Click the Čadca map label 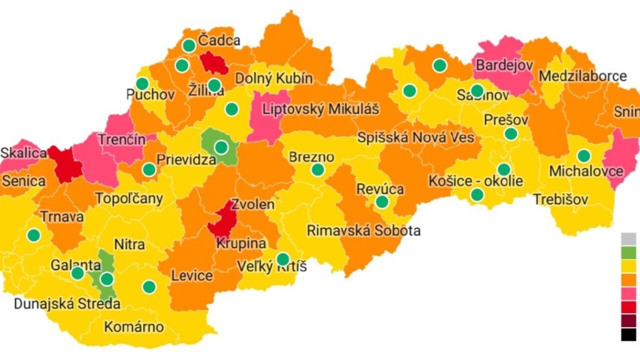point(219,41)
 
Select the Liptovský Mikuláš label point(321,109)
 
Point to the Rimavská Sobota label point(363,230)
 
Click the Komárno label point(133,327)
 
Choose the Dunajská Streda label point(66,303)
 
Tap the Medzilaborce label point(582,76)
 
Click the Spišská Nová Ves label point(415,137)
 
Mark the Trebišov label point(560,199)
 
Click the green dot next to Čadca point(189,45)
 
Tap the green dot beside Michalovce point(583,156)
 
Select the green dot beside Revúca point(382,202)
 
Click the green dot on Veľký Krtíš point(283,259)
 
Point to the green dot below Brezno point(317,169)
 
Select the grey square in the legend point(628,238)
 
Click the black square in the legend point(628,334)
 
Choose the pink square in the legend point(628,293)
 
